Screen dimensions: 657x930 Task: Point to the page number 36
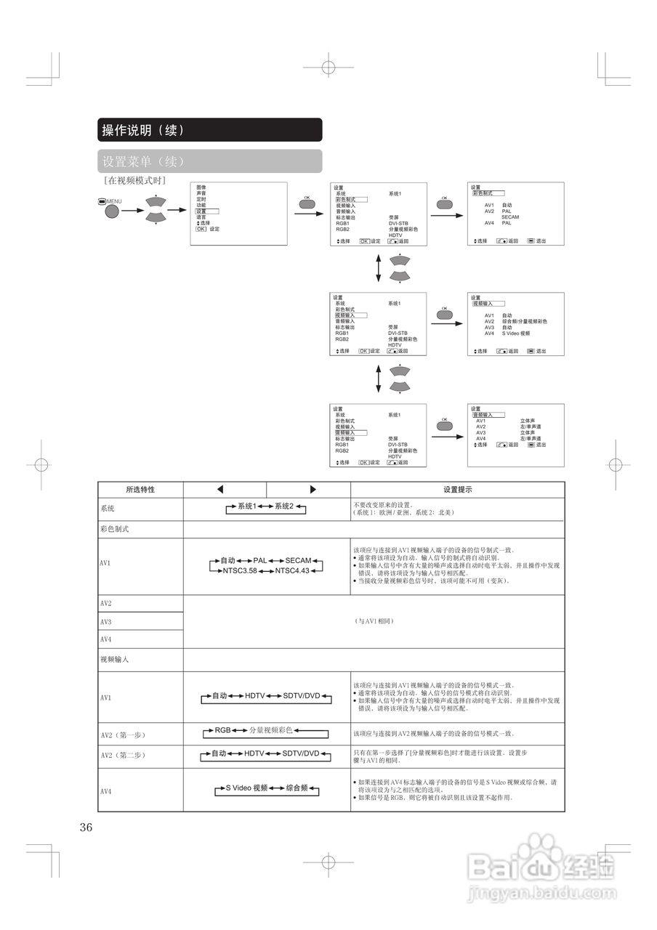point(86,827)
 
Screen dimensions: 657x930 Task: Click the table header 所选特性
point(140,490)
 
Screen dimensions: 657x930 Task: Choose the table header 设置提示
point(458,490)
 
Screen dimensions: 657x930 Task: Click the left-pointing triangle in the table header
point(220,490)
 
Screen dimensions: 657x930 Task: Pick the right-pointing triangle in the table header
point(313,490)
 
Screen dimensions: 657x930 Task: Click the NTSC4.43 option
point(292,571)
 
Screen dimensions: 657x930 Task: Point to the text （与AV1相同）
point(374,622)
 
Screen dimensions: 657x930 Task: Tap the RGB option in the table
point(222,729)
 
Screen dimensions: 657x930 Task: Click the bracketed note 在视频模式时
point(135,179)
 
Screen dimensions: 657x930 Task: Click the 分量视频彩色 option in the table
point(270,729)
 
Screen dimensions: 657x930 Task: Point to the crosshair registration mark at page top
point(328,70)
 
